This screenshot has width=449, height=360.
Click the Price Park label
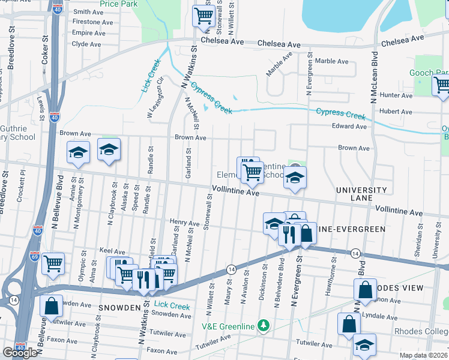tap(119, 4)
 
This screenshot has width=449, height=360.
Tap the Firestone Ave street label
tap(92, 22)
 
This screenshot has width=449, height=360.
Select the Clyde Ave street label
tap(86, 44)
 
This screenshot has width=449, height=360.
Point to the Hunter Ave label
tap(396, 95)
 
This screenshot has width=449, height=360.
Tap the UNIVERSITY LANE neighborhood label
tap(361, 194)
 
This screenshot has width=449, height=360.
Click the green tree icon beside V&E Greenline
tap(262, 326)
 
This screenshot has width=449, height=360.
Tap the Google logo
tap(20, 353)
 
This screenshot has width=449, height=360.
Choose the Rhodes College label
tap(427, 332)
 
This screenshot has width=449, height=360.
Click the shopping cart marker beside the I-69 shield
tap(53, 262)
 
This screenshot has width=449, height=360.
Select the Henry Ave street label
tap(184, 223)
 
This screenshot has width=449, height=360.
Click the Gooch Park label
tap(429, 73)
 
